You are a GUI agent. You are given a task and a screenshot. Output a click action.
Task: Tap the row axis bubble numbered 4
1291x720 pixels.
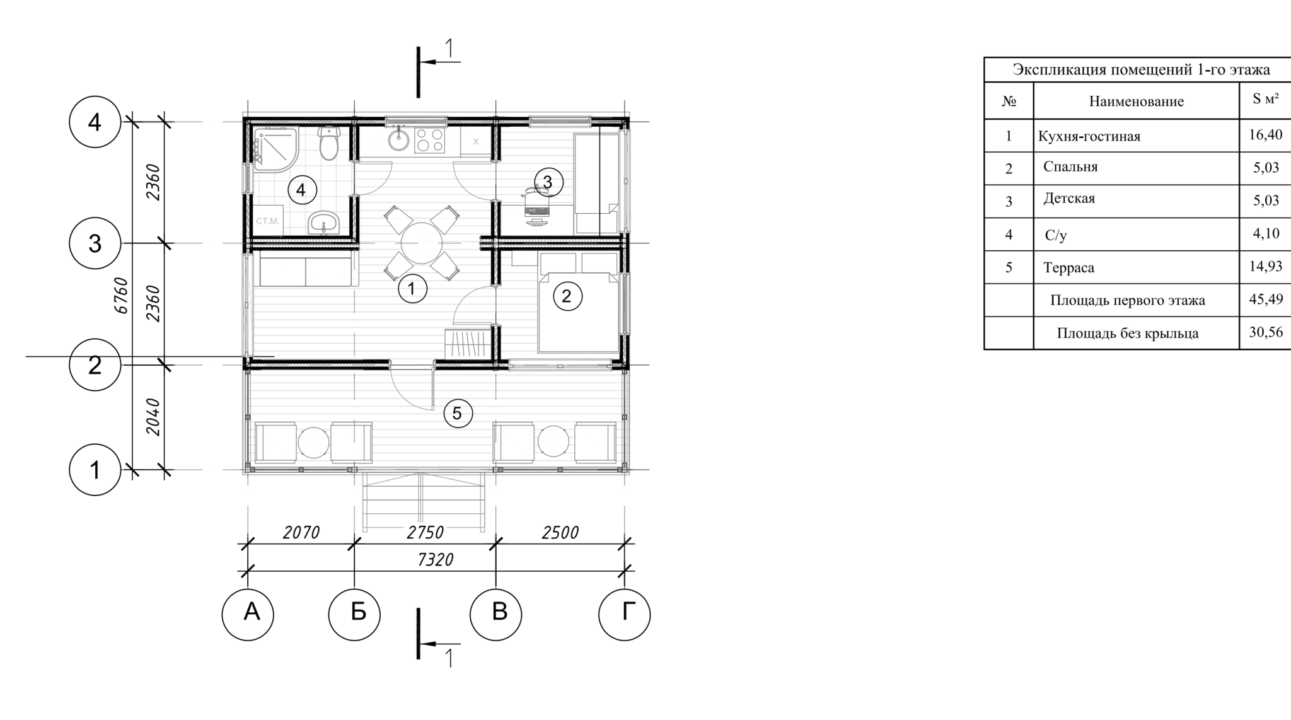(95, 122)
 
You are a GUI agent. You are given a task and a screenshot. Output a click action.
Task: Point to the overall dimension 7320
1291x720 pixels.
(436, 560)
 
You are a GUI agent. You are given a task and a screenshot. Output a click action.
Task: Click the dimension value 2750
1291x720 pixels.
(426, 533)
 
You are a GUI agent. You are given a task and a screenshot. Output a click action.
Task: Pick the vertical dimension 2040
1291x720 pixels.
(153, 417)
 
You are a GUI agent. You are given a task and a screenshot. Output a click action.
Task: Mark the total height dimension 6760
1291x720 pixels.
(122, 296)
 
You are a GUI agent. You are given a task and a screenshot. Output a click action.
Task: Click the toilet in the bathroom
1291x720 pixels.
(328, 144)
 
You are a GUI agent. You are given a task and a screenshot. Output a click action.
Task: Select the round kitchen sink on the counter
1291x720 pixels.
(398, 140)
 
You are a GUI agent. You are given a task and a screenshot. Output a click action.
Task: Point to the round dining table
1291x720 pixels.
(422, 243)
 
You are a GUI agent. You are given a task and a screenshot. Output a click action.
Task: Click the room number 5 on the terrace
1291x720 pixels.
(457, 414)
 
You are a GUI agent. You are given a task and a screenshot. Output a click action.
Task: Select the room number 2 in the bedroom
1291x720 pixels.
(566, 296)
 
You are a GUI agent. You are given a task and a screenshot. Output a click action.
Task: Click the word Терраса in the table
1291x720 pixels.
(1069, 267)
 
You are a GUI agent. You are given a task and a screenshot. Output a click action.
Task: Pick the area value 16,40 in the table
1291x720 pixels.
(1265, 134)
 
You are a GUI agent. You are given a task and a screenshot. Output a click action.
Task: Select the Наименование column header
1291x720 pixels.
(1137, 102)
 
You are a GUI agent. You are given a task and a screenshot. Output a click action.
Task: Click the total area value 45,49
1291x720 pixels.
(1266, 299)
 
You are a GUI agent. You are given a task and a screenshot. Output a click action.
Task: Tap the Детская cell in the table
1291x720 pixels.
(1069, 199)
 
